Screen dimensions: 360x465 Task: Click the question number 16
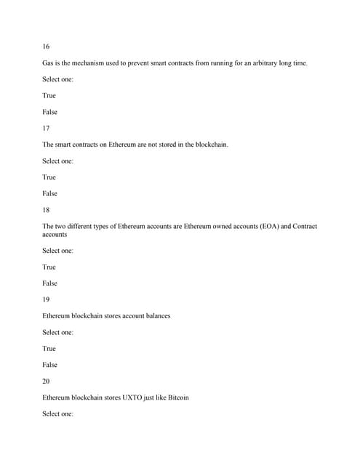pyautogui.click(x=47, y=46)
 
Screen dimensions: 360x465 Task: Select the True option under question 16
pyautogui.click(x=49, y=96)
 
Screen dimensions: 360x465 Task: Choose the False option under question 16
pyautogui.click(x=50, y=112)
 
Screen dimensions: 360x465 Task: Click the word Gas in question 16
pyautogui.click(x=49, y=63)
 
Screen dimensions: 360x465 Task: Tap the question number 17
pyautogui.click(x=47, y=129)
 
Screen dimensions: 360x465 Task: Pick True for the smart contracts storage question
pyautogui.click(x=49, y=177)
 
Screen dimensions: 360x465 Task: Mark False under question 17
pyautogui.click(x=50, y=194)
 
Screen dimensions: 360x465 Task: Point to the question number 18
pyautogui.click(x=47, y=210)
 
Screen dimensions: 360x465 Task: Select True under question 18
pyautogui.click(x=49, y=267)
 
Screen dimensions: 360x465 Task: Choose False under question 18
pyautogui.click(x=50, y=283)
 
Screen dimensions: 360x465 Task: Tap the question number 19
pyautogui.click(x=47, y=300)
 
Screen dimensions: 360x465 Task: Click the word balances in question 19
pyautogui.click(x=157, y=316)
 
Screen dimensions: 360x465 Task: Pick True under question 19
pyautogui.click(x=49, y=349)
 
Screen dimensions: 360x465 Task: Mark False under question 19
pyautogui.click(x=50, y=365)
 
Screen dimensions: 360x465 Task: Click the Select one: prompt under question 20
pyautogui.click(x=58, y=414)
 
